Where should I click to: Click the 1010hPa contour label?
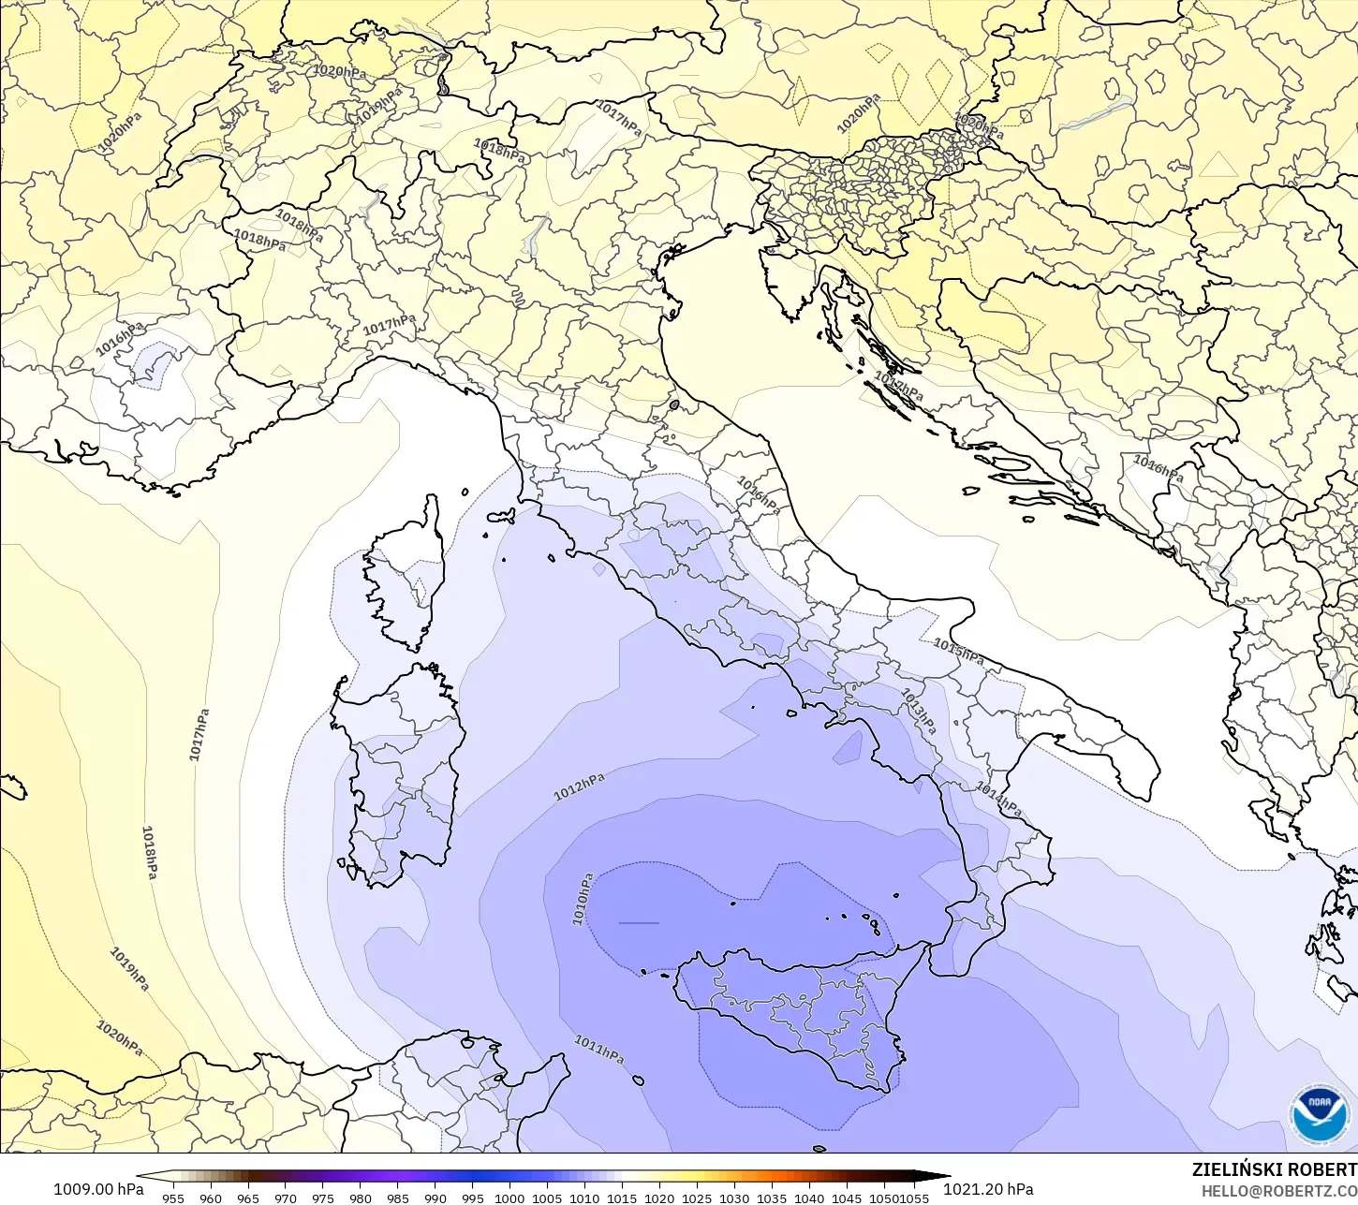pos(583,899)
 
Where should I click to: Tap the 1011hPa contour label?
pos(598,1049)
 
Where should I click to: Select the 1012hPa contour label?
pos(579,787)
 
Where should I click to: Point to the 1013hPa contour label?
pos(919,711)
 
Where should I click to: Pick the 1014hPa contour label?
pos(999,800)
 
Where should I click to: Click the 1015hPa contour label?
pos(958,651)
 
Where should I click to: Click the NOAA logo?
pos(1319,1114)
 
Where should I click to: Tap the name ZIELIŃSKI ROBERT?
pos(1274,1170)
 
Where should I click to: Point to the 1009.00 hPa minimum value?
pos(98,1189)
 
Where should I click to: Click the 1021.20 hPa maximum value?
pos(988,1189)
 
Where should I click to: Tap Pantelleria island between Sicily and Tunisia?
pos(638,1080)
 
